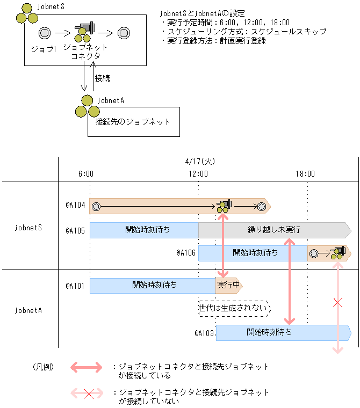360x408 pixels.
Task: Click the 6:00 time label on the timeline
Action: point(86,173)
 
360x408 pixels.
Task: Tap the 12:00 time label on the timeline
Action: point(198,173)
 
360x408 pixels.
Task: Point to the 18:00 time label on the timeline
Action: point(305,173)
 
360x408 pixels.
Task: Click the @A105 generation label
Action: point(75,230)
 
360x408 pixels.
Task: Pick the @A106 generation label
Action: point(186,252)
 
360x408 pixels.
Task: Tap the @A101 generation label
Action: point(75,286)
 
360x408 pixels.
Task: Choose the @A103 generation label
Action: point(205,333)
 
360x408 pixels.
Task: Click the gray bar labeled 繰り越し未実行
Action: point(274,230)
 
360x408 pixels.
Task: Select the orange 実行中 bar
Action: point(228,286)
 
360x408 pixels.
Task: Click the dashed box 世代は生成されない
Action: point(233,309)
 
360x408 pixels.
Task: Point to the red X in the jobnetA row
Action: point(337,303)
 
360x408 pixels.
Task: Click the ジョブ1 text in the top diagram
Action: point(44,49)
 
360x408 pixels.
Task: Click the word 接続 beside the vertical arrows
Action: point(102,78)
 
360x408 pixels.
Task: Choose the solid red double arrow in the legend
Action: point(85,367)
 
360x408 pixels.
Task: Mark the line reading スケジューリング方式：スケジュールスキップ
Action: point(243,31)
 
